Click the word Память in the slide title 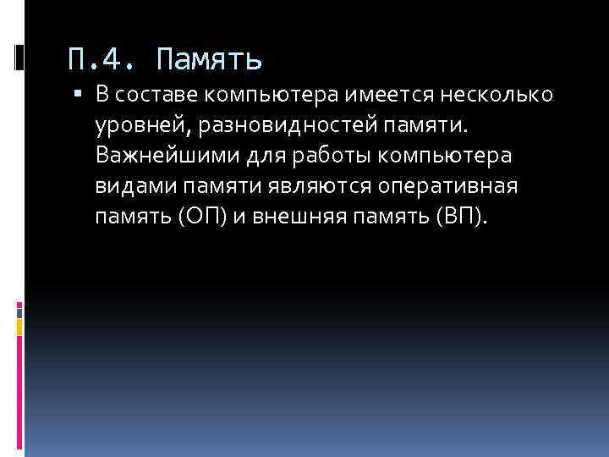click(x=210, y=60)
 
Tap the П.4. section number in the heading click(x=100, y=60)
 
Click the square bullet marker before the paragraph click(x=77, y=94)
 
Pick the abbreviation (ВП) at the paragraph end click(x=460, y=217)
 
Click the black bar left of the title click(x=19, y=58)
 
